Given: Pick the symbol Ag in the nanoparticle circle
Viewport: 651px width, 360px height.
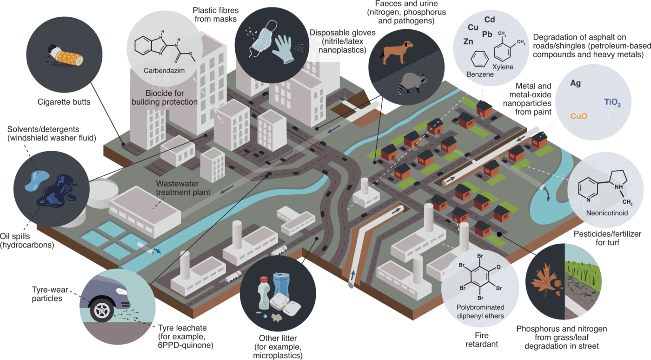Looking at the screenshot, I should (576, 84).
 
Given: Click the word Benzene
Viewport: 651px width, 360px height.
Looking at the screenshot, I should (478, 74).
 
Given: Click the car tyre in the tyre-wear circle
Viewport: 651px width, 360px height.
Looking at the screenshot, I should (104, 309).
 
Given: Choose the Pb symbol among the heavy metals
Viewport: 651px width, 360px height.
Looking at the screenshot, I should (487, 34).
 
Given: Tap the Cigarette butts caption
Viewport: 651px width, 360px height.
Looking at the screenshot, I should (63, 101).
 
